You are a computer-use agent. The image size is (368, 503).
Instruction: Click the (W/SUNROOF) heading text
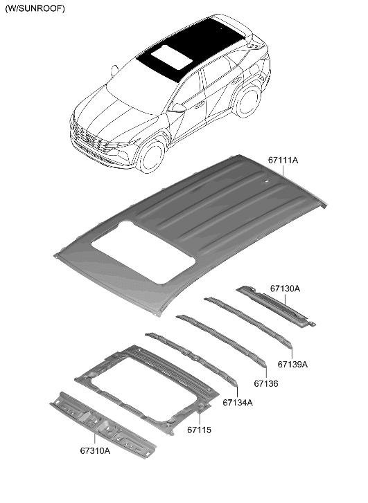35,9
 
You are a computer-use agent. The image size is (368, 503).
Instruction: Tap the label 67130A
285,288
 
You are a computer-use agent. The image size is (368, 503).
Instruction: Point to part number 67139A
292,364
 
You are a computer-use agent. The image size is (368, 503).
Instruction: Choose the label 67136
265,383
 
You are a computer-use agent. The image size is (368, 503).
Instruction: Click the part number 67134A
238,402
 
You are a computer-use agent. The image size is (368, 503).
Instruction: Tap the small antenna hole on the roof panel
266,183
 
